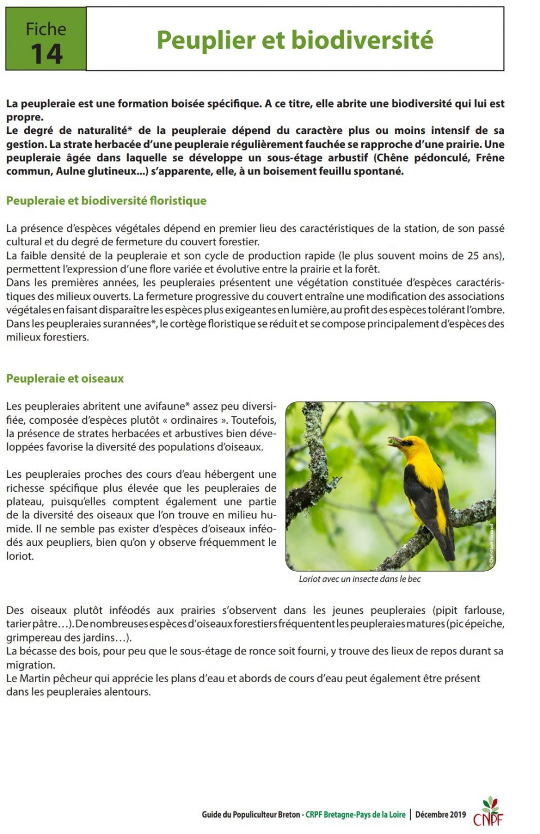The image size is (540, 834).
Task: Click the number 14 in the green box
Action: click(x=46, y=55)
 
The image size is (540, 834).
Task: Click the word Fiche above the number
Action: click(x=46, y=29)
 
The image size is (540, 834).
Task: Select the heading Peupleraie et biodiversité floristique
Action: click(x=106, y=201)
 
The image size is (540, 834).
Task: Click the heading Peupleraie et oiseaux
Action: click(x=65, y=379)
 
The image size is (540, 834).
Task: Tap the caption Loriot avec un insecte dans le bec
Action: click(x=359, y=579)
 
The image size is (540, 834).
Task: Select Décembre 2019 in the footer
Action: click(x=440, y=814)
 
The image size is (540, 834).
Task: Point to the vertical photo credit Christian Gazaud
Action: click(x=491, y=544)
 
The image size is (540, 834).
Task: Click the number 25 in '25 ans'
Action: click(x=473, y=255)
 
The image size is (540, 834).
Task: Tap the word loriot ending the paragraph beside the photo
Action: click(x=20, y=556)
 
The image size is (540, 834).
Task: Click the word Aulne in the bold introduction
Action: click(x=71, y=171)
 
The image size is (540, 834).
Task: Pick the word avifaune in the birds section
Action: click(x=161, y=406)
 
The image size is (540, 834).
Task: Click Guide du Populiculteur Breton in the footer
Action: click(x=251, y=814)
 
